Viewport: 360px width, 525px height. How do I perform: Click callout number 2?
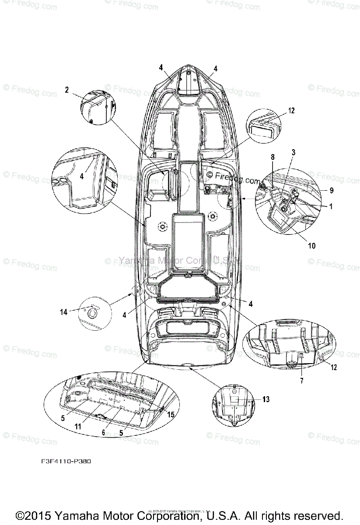(x=67, y=90)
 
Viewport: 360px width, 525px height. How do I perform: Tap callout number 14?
(x=64, y=312)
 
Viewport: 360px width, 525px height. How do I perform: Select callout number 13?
(x=266, y=399)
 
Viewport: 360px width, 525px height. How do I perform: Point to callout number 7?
(x=301, y=381)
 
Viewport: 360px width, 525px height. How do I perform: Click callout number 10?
(x=311, y=246)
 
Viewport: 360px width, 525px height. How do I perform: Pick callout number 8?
(x=272, y=157)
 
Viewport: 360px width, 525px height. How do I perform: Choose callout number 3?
(x=294, y=152)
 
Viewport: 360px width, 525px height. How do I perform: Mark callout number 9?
(x=331, y=190)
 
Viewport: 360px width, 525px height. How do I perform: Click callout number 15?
(x=171, y=414)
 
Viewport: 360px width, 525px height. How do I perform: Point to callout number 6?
(x=104, y=432)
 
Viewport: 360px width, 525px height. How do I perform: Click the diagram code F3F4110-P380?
(x=64, y=461)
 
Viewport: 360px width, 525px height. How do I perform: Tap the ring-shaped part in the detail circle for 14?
(x=93, y=314)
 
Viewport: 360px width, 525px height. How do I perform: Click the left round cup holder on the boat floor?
(x=162, y=226)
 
